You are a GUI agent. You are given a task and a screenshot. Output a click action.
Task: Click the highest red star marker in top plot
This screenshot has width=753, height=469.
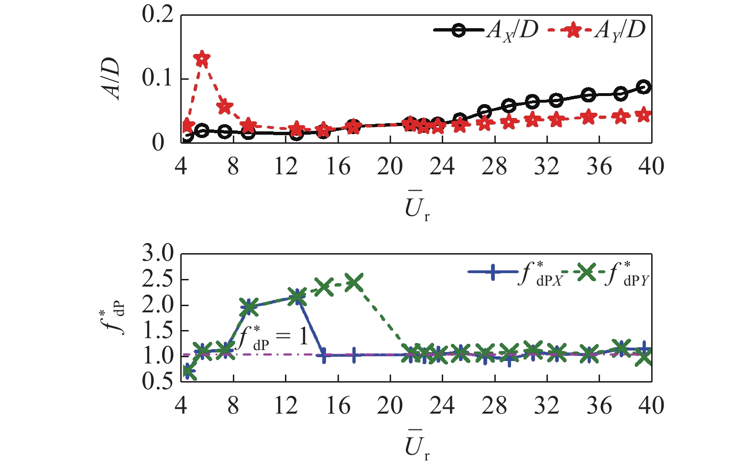pyautogui.click(x=202, y=59)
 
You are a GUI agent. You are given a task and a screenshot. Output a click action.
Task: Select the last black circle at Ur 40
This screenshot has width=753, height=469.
pyautogui.click(x=644, y=87)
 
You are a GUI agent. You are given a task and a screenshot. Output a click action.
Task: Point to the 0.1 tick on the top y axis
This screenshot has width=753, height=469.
pyautogui.click(x=158, y=78)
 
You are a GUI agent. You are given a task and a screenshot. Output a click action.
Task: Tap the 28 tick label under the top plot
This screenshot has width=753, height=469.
pyautogui.click(x=494, y=167)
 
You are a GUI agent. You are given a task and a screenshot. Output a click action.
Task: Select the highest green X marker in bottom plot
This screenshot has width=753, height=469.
pyautogui.click(x=354, y=283)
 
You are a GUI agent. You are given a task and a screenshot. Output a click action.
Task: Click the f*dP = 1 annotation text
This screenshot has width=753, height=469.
pyautogui.click(x=273, y=338)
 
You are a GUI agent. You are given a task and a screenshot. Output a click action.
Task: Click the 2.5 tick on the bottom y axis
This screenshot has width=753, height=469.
pyautogui.click(x=158, y=280)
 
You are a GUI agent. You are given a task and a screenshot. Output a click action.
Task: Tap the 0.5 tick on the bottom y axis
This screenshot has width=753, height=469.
pyautogui.click(x=158, y=381)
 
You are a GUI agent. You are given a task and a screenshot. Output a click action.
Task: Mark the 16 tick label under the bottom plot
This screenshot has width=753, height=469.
pyautogui.click(x=338, y=406)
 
